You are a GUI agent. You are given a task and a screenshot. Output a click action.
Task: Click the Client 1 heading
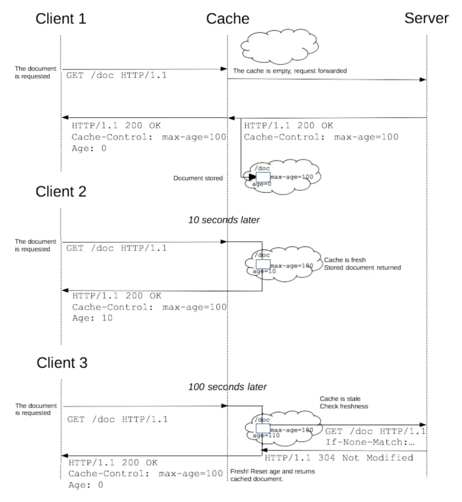tap(61, 19)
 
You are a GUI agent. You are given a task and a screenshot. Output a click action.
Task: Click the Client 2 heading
tap(61, 192)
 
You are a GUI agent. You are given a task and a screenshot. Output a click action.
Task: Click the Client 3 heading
tap(62, 363)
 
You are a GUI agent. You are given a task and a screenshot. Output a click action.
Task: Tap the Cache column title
tap(228, 19)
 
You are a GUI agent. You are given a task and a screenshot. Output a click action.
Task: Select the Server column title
tap(426, 18)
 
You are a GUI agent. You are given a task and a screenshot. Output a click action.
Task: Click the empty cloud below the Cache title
tap(280, 46)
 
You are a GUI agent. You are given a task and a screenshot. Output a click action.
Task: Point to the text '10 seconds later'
tap(224, 220)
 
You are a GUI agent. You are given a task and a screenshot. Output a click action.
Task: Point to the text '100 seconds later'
tap(227, 387)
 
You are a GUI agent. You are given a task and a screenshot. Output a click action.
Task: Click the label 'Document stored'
tap(198, 178)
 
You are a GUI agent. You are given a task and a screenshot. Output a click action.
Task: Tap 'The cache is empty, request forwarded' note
tap(290, 71)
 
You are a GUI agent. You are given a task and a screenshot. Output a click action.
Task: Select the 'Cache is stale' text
tap(340, 399)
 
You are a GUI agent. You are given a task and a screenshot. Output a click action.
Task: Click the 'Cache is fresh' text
tap(345, 260)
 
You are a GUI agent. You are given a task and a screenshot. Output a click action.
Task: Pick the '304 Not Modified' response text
tap(365, 458)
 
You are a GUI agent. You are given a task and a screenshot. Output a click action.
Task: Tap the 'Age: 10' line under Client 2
tap(92, 318)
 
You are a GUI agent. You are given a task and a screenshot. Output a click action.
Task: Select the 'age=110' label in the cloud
tap(266, 435)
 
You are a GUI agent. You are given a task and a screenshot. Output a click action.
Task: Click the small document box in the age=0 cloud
tap(263, 177)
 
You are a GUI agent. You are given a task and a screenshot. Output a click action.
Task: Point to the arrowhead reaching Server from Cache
tap(423, 79)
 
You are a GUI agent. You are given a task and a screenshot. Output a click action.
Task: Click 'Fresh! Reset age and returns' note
tap(272, 471)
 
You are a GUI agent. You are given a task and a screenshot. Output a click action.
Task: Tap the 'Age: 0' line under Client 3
tap(86, 485)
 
